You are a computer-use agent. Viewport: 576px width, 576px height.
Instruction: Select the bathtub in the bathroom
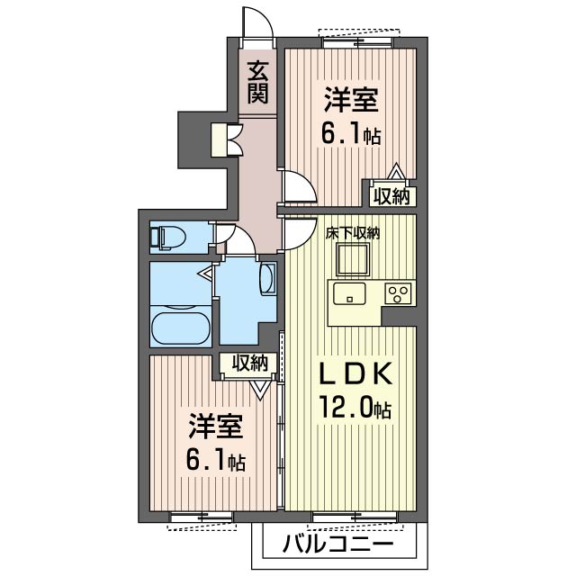tap(180, 328)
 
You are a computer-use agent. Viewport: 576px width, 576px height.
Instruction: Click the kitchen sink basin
tap(349, 293)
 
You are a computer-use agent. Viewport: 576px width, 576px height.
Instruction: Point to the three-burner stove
tap(398, 294)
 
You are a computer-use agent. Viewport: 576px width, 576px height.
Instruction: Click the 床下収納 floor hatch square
tap(353, 259)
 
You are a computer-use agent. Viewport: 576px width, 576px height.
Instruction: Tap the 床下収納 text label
tap(352, 233)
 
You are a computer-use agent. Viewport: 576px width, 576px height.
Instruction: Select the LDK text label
tap(355, 373)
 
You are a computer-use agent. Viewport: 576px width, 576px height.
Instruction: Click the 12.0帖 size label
tap(355, 408)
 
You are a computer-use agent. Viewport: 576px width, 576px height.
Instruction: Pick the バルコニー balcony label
tap(337, 543)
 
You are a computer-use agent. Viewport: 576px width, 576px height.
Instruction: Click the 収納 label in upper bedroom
tap(391, 197)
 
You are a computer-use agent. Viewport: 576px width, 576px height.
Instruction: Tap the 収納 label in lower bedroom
tap(249, 364)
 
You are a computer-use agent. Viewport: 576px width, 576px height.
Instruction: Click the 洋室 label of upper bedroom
tap(351, 100)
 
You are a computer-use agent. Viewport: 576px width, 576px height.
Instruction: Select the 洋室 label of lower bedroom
tap(216, 427)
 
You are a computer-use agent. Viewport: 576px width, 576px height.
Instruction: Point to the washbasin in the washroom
tap(267, 278)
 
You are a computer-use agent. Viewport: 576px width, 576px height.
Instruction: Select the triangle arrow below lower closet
tap(260, 390)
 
